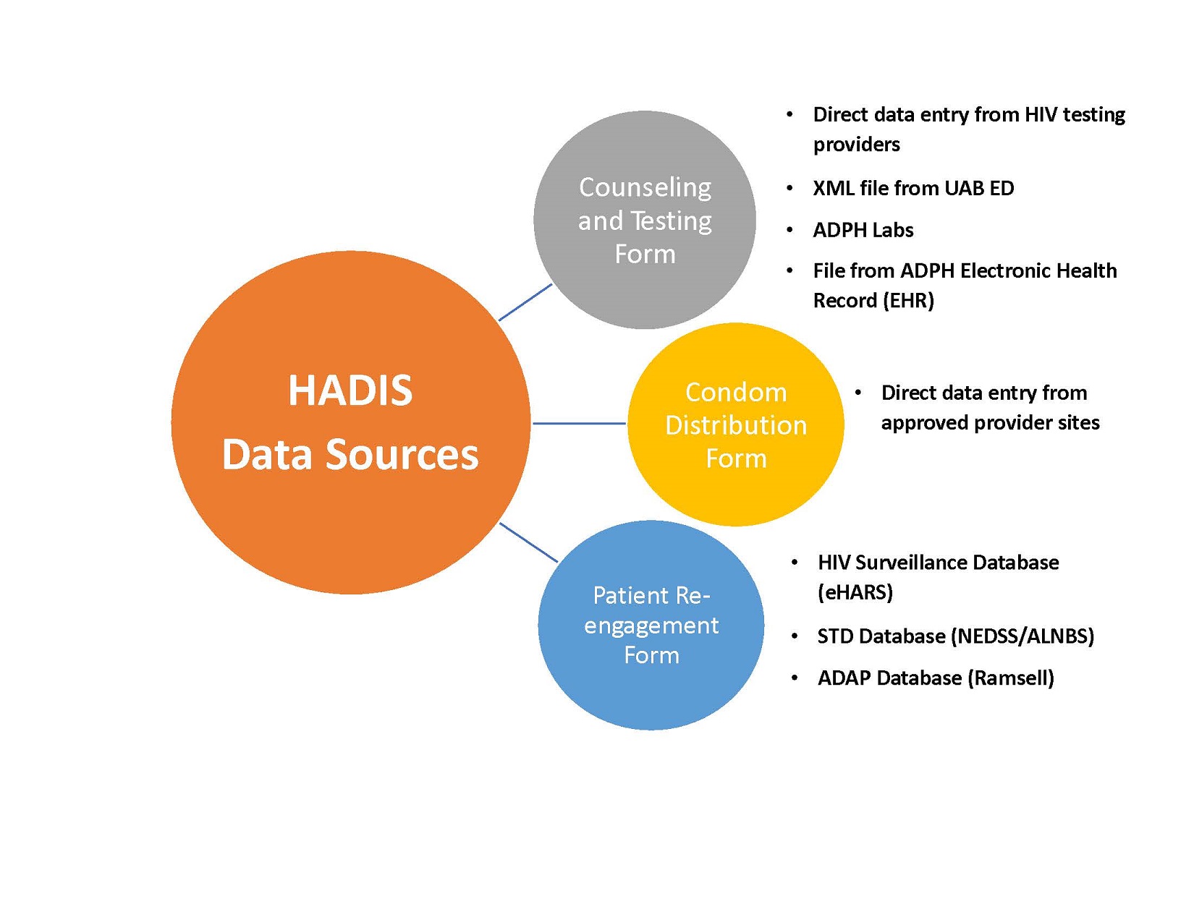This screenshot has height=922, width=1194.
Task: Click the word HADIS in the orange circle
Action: (x=350, y=390)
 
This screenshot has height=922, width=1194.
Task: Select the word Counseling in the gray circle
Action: (x=645, y=187)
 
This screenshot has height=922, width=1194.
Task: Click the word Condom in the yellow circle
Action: (x=736, y=392)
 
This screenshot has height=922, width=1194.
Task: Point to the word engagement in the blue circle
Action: (x=651, y=626)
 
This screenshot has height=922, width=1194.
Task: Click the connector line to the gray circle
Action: (x=525, y=302)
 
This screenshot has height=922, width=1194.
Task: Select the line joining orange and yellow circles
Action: (x=579, y=423)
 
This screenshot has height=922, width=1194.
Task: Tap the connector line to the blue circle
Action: (x=528, y=542)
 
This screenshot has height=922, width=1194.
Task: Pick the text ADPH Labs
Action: (x=863, y=230)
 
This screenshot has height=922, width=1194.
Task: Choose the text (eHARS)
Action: (x=855, y=592)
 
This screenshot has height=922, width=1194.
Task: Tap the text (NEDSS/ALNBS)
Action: (x=1022, y=636)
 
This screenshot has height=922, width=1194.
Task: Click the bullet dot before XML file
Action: (x=789, y=189)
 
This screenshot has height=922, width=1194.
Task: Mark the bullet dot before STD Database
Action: (x=795, y=636)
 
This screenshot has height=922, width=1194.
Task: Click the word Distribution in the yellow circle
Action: (x=736, y=425)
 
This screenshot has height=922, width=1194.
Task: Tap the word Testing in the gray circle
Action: (x=672, y=221)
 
